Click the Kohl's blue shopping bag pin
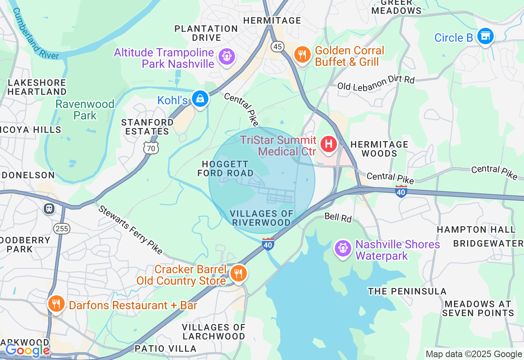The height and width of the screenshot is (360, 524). click(200, 99)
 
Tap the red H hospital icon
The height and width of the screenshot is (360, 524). click(328, 144)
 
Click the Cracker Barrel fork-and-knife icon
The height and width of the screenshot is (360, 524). click(238, 273)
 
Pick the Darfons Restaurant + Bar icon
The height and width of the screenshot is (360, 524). click(56, 304)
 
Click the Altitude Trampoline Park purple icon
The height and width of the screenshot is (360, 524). click(226, 56)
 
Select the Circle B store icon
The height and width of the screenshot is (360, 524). click(486, 36)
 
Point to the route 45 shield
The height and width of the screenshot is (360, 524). click(278, 47)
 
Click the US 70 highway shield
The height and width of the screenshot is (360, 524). click(151, 148)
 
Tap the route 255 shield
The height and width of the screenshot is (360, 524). click(62, 228)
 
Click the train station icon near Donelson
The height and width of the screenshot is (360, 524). click(49, 209)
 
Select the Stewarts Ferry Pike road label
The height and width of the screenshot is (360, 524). click(130, 229)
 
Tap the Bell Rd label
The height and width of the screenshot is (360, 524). click(338, 217)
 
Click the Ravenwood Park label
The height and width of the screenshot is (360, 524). click(85, 110)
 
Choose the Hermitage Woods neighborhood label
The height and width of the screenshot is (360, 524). click(379, 149)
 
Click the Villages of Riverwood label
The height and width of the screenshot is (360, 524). click(262, 218)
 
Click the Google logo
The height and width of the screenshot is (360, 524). click(27, 351)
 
